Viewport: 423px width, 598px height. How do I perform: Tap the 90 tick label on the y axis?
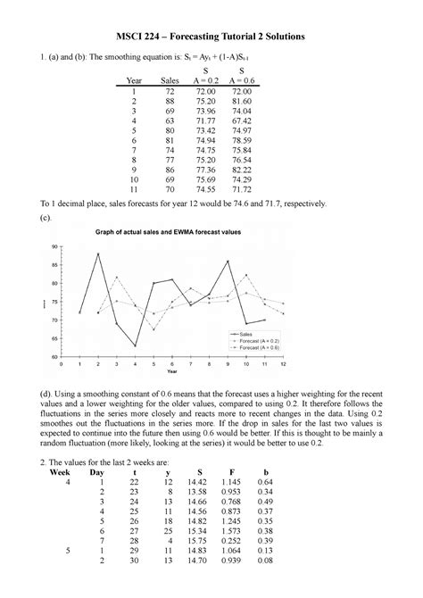pyautogui.click(x=54, y=245)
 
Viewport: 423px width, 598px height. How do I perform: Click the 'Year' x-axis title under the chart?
pyautogui.click(x=171, y=372)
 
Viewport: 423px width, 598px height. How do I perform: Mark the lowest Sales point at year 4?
pyautogui.click(x=137, y=345)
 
